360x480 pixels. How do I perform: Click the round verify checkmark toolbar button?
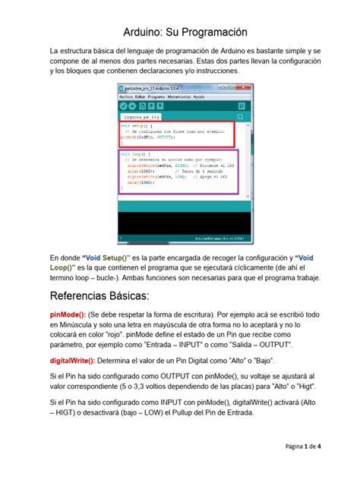(x=123, y=107)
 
